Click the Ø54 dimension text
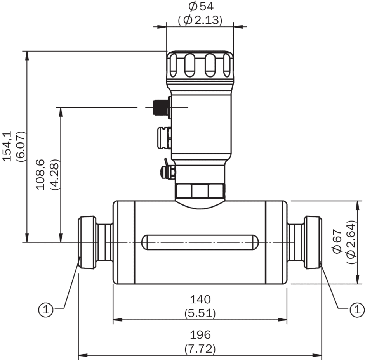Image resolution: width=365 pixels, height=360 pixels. pos(201,6)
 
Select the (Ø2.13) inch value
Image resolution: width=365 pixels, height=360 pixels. pos(200,20)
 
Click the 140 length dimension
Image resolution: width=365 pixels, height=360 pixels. pos(200,299)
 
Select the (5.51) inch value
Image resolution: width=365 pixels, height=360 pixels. pos(200,313)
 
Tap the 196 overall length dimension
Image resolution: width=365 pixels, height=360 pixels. pos(200,334)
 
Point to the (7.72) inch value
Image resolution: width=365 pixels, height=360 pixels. pos(200,348)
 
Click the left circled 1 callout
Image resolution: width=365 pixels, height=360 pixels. pos(45,309)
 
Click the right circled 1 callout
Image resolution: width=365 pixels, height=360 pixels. pos(356,309)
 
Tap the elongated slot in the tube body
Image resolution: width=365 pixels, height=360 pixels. pos(200,242)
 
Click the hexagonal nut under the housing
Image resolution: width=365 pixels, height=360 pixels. pos(200,191)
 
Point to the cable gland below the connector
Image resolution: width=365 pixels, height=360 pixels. pos(163,137)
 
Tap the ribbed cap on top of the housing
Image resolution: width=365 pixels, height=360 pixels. pos(200,65)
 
